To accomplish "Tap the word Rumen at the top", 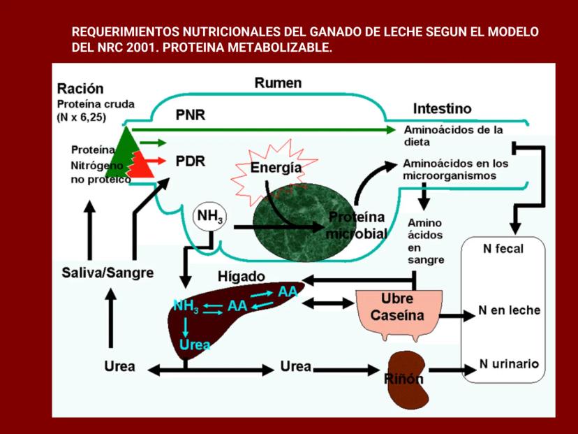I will click(x=278, y=83).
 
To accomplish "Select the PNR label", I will click(x=190, y=115).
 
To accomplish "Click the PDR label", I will click(x=190, y=161).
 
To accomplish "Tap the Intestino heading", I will click(x=442, y=109).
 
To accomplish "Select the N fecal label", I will click(x=503, y=248).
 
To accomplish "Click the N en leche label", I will click(x=509, y=310).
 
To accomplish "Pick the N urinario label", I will click(x=509, y=364).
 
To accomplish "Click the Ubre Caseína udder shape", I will click(x=397, y=312).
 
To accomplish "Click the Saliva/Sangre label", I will click(x=107, y=273).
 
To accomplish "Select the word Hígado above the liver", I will click(x=242, y=276).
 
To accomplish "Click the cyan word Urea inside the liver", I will click(x=195, y=345).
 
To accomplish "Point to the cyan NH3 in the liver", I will click(x=186, y=306).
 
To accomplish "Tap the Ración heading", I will click(x=80, y=89).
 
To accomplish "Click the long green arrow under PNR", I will click(x=265, y=130).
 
